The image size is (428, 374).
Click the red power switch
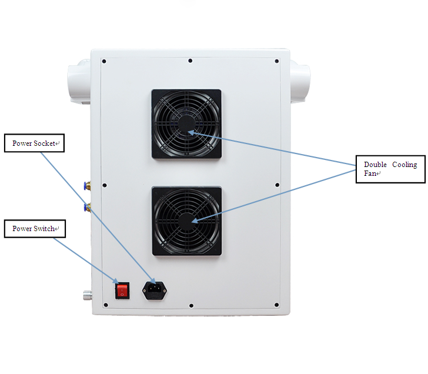click(122, 290)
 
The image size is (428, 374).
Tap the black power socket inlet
click(155, 290)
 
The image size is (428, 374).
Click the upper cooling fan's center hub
click(186, 124)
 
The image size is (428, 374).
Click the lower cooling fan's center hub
click(187, 221)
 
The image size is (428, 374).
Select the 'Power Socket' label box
click(34, 143)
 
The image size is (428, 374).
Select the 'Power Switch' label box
click(35, 229)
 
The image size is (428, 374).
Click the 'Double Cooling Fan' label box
click(390, 169)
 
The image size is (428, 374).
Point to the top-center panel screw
click(190, 61)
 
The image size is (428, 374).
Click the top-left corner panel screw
click(104, 61)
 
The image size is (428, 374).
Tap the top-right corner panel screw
click(276, 61)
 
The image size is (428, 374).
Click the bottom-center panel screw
click(191, 306)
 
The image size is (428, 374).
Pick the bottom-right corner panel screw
click(276, 305)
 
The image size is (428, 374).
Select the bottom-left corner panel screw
click(106, 305)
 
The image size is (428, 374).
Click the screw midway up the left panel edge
click(104, 185)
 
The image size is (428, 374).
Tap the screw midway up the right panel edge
click(277, 185)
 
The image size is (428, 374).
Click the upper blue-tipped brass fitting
click(88, 186)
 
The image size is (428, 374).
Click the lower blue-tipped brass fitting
click(88, 208)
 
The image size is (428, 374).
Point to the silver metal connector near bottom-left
click(88, 295)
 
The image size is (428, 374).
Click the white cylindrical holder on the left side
click(79, 81)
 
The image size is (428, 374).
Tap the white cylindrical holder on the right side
click(300, 81)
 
